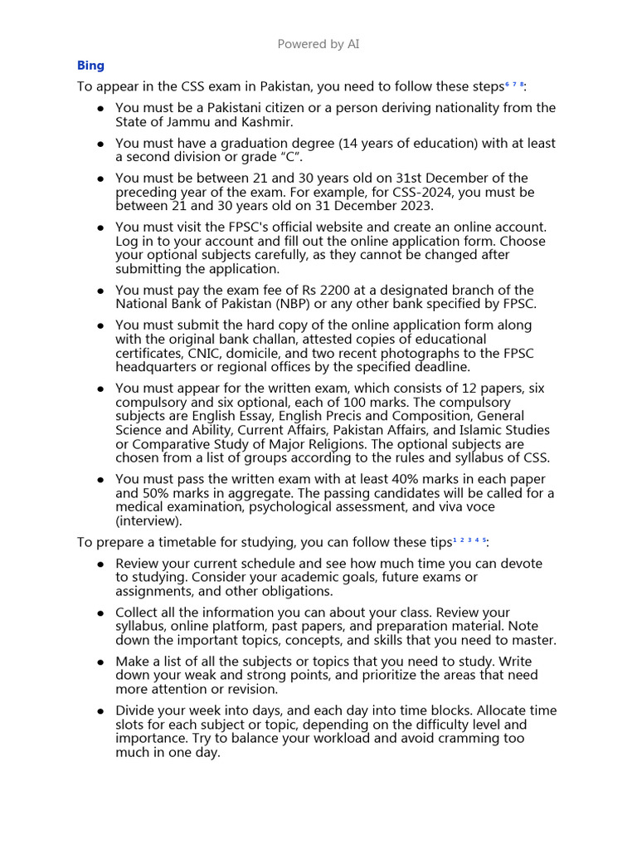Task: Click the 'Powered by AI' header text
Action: (x=318, y=44)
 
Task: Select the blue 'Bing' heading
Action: (x=90, y=66)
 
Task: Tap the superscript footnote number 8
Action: (x=523, y=84)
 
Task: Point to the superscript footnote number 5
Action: (x=484, y=539)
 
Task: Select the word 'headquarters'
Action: (x=154, y=367)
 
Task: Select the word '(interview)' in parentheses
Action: (x=147, y=521)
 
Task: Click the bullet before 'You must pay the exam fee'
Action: (x=100, y=291)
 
